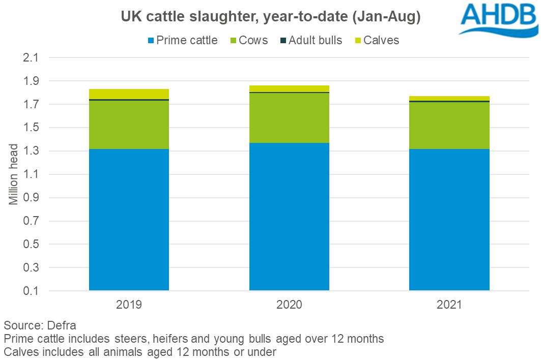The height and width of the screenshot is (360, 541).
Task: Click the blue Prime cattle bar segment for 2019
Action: click(129, 220)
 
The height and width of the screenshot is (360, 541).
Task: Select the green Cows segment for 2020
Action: click(289, 118)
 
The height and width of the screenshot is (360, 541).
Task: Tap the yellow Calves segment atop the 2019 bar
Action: click(129, 94)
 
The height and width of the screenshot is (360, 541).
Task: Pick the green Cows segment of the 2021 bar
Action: click(449, 126)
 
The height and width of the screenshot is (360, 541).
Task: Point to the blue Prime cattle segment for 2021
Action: click(449, 220)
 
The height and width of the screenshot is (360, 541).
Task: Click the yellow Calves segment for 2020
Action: click(289, 88)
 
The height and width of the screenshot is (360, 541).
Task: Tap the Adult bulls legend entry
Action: click(310, 40)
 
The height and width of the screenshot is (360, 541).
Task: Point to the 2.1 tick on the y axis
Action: click(30, 57)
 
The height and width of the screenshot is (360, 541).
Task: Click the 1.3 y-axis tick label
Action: click(30, 151)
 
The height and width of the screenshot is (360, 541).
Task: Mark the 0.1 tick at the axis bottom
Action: click(30, 291)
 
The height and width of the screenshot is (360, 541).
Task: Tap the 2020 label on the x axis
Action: click(289, 305)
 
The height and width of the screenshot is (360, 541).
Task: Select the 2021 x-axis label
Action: click(449, 305)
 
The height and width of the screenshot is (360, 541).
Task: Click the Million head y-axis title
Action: click(14, 174)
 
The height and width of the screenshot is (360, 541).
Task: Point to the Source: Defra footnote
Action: click(40, 325)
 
